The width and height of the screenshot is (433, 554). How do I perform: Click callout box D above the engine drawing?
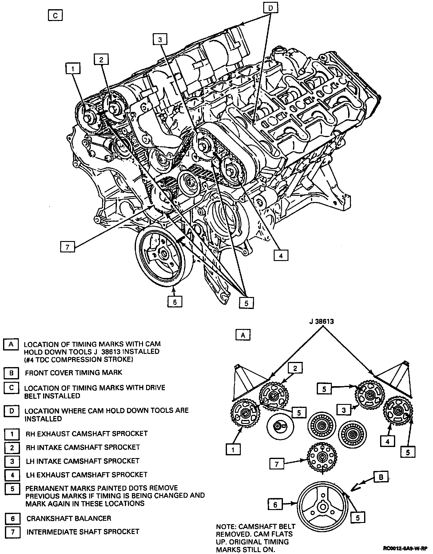tap(271, 8)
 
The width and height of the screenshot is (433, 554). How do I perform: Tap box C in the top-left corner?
tap(55, 15)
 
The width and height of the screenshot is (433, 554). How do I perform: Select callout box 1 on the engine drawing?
tap(73, 69)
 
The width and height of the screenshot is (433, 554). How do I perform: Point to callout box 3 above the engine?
tap(160, 39)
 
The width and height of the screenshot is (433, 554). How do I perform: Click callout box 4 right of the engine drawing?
tap(281, 255)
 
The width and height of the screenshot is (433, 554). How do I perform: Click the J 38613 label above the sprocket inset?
tap(321, 322)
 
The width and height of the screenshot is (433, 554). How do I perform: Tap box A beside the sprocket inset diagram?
tap(243, 335)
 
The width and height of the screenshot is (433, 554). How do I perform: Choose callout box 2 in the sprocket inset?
tap(295, 368)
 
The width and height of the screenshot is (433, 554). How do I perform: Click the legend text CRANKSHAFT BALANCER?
tap(69, 518)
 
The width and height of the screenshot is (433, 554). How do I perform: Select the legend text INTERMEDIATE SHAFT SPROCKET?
tap(83, 532)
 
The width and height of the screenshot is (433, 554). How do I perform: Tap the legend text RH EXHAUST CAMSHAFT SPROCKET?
tap(86, 433)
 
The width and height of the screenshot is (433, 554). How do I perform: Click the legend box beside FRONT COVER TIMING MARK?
tap(11, 373)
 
